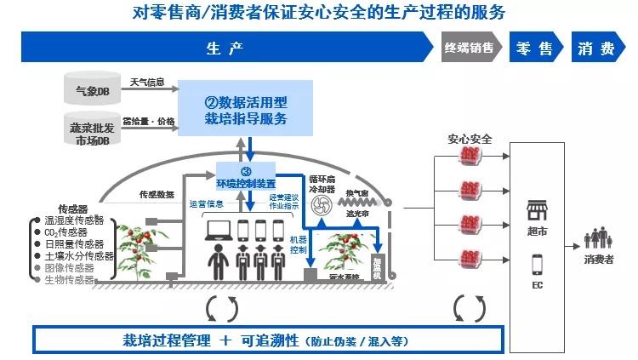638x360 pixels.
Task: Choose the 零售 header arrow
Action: pos(535,49)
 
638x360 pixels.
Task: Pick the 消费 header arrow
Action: pos(597,49)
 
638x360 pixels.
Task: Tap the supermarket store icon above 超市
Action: pos(537,211)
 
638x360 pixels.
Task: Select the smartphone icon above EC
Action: pos(537,265)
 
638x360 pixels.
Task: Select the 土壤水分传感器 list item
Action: pos(82,255)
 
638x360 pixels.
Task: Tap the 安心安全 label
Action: pos(468,138)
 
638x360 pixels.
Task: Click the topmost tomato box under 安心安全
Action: pos(469,157)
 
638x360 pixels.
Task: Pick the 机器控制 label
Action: pos(298,245)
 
